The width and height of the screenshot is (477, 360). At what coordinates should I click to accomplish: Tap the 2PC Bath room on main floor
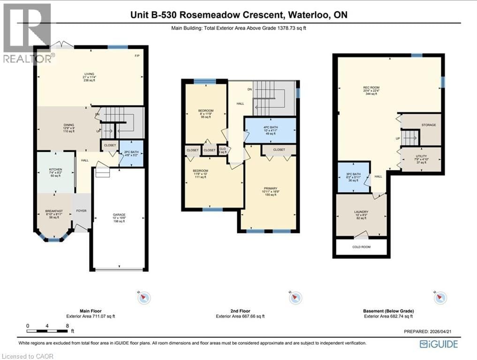[127, 152]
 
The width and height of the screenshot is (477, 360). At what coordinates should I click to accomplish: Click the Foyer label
[82, 211]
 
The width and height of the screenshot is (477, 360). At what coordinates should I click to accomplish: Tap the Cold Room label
[361, 247]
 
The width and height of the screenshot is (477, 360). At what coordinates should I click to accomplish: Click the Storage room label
[428, 125]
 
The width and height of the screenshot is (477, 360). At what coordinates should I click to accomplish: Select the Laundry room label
[361, 212]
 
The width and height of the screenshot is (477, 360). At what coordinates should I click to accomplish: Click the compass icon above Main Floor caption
[144, 297]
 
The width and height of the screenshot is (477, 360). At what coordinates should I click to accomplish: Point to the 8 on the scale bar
[68, 325]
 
